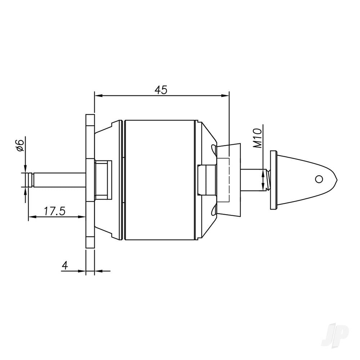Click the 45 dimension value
(x=161, y=90)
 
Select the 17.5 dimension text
(x=54, y=211)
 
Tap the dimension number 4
(x=65, y=265)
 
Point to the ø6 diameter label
(x=21, y=145)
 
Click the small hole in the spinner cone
(x=318, y=179)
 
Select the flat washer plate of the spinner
(x=273, y=180)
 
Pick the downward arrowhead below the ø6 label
(x=25, y=169)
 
